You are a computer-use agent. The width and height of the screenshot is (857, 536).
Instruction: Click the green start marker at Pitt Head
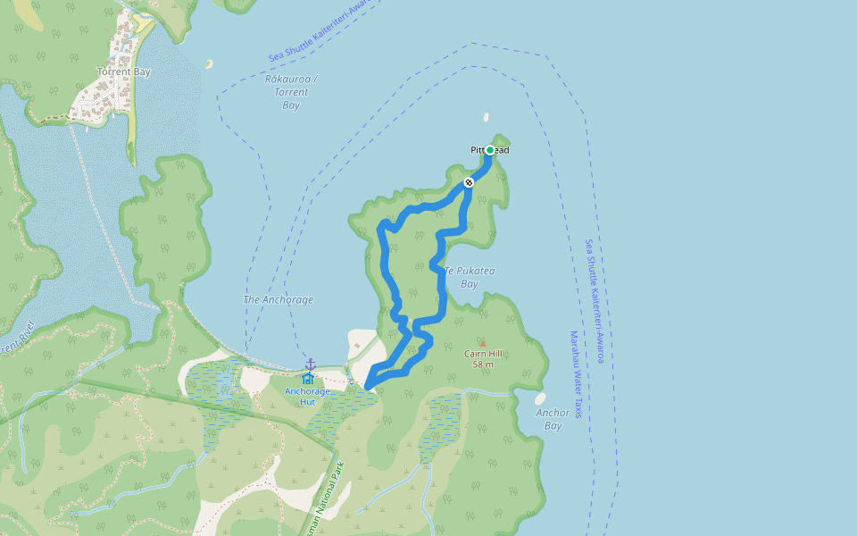click(x=490, y=150)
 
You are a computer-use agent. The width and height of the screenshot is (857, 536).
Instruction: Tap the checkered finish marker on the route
click(x=469, y=182)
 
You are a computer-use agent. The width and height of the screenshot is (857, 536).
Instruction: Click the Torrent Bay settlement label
click(x=124, y=71)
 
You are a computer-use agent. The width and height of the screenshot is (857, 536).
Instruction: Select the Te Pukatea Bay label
click(x=470, y=277)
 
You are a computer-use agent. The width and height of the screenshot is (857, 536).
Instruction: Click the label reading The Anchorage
click(x=279, y=300)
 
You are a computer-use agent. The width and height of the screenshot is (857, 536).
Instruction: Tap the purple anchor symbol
click(x=311, y=364)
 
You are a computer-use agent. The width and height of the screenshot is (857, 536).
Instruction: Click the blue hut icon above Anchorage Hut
click(x=307, y=378)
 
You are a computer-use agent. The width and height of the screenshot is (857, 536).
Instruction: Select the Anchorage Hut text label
click(x=307, y=396)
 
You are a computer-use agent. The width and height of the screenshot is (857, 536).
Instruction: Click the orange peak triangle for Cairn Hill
click(x=483, y=343)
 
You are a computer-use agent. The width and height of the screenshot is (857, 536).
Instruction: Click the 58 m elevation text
click(x=483, y=364)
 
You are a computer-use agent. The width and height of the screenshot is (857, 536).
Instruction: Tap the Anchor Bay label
click(x=553, y=419)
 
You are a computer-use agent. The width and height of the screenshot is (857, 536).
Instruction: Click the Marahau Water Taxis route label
click(x=576, y=374)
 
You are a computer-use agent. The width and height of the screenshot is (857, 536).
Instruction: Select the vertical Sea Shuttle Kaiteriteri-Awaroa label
click(x=595, y=300)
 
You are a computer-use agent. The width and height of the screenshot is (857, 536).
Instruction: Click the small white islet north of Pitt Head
click(x=487, y=116)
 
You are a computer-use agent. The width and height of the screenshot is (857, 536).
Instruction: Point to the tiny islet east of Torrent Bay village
click(x=209, y=63)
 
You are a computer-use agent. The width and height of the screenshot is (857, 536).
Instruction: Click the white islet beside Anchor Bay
click(x=540, y=398)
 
